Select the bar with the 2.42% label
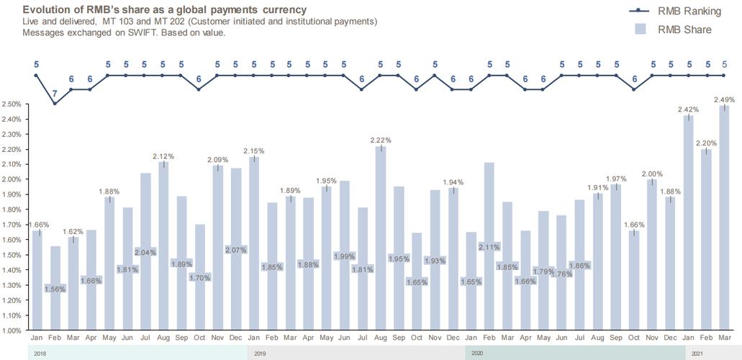[688, 223]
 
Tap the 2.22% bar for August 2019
[381, 238]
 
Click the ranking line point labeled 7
[54, 104]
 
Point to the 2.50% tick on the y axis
[11, 104]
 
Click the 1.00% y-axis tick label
[11, 331]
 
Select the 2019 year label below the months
[261, 354]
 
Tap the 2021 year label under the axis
[697, 354]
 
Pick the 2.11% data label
[489, 246]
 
